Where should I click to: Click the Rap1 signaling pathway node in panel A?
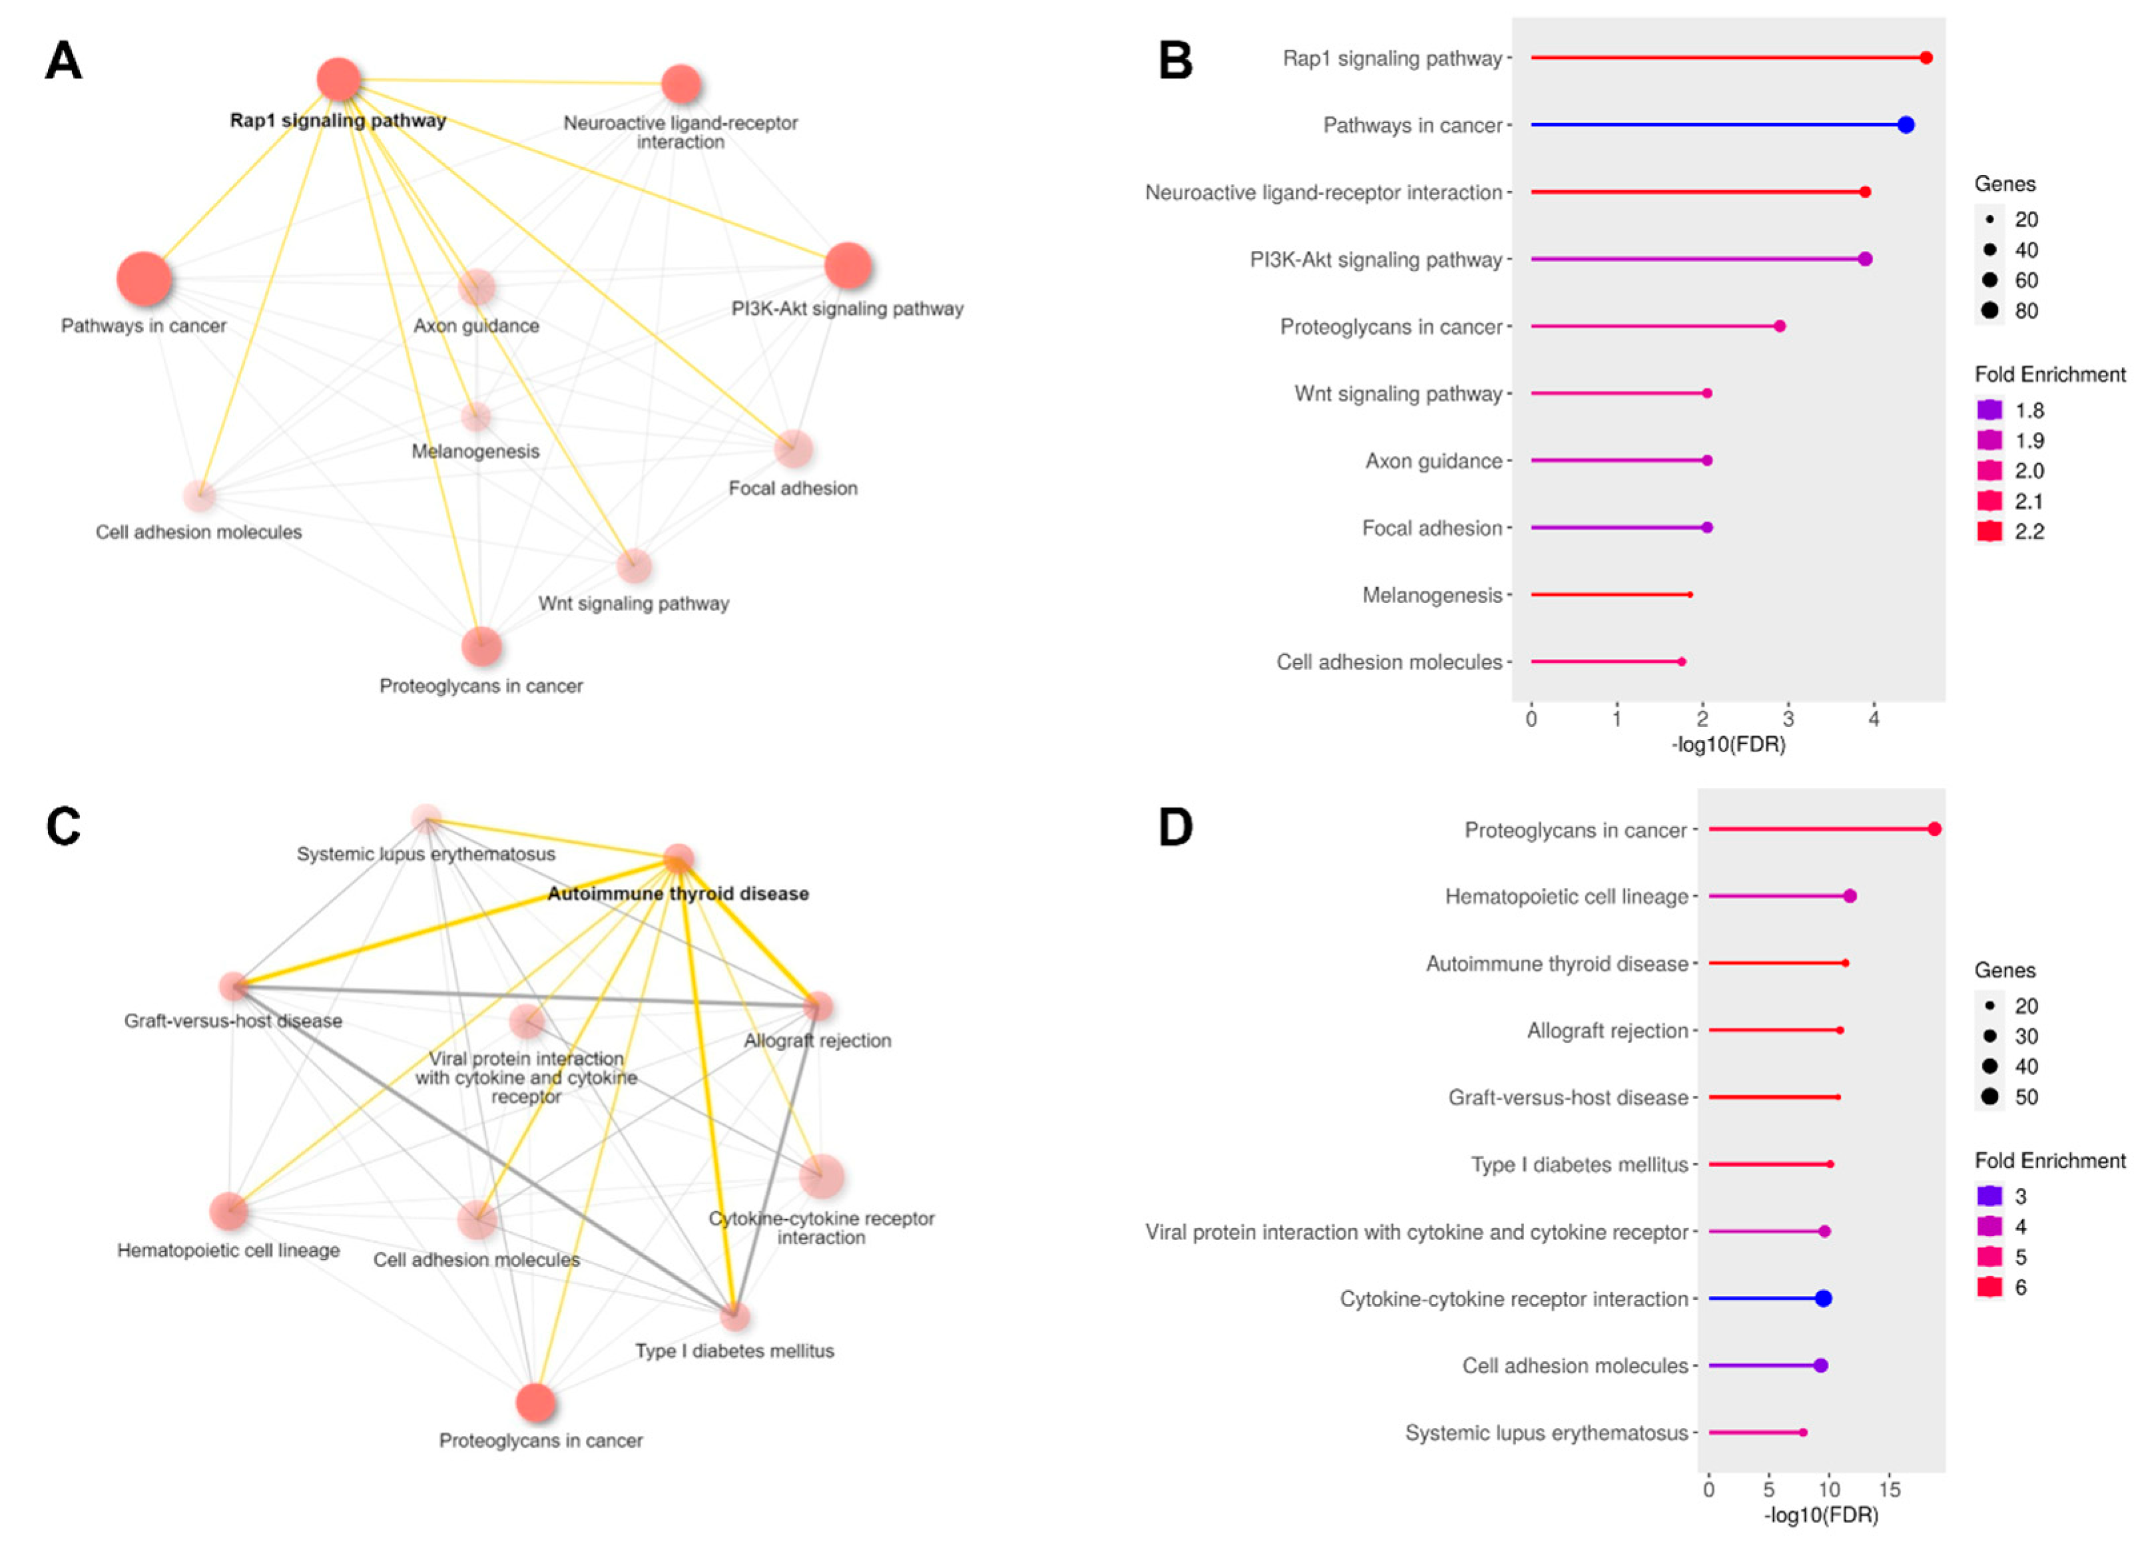pyautogui.click(x=338, y=79)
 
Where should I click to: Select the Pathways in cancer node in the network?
pyautogui.click(x=144, y=280)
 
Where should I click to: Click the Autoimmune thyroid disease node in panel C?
pyautogui.click(x=678, y=859)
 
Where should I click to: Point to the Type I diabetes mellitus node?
pyautogui.click(x=734, y=1316)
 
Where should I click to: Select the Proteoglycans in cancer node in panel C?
pyautogui.click(x=536, y=1403)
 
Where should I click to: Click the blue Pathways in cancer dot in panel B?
pyautogui.click(x=1906, y=124)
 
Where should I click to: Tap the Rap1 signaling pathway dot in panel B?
pyautogui.click(x=1926, y=58)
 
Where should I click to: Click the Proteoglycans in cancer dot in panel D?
pyautogui.click(x=1934, y=829)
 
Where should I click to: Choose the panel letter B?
pyautogui.click(x=1175, y=61)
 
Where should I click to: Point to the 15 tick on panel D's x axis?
pyautogui.click(x=1889, y=1490)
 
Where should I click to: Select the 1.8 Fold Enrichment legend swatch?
pyautogui.click(x=1989, y=410)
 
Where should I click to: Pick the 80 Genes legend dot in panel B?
pyautogui.click(x=1990, y=310)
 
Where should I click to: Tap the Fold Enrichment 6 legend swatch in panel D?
pyautogui.click(x=1989, y=1287)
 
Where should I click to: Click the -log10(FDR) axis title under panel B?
pyautogui.click(x=1728, y=745)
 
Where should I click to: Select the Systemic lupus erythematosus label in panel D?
pyautogui.click(x=1547, y=1433)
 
